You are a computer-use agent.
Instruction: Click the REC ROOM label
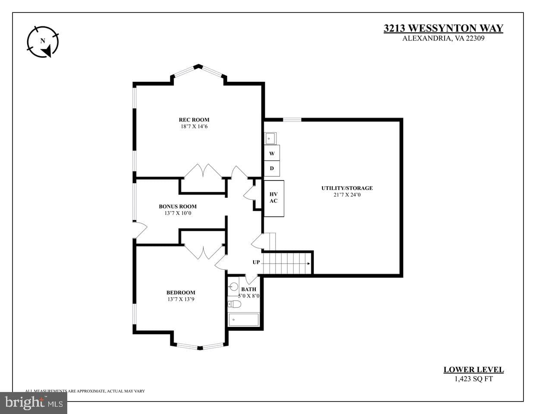coord(194,120)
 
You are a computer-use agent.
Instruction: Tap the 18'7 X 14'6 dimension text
coord(194,127)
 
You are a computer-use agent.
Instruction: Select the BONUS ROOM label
coord(178,206)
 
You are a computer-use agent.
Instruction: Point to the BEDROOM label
coord(181,293)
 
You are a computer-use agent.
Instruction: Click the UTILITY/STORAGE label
coord(347,188)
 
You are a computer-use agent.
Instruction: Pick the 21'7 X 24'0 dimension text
coord(347,195)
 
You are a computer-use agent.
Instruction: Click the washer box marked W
coord(272,153)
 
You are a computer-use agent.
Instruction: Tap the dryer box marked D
coord(272,168)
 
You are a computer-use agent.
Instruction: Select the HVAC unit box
coord(274,199)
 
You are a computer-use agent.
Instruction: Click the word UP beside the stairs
coord(256,262)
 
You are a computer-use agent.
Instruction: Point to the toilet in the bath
coord(234,304)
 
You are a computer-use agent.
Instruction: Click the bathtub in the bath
coord(244,320)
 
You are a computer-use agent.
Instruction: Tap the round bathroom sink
coord(233,286)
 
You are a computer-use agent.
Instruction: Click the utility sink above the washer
coord(270,138)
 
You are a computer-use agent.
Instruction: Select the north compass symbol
coord(43,42)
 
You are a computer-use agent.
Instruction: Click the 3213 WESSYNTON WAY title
coord(443,28)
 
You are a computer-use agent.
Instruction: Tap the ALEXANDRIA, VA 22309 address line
coord(443,38)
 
